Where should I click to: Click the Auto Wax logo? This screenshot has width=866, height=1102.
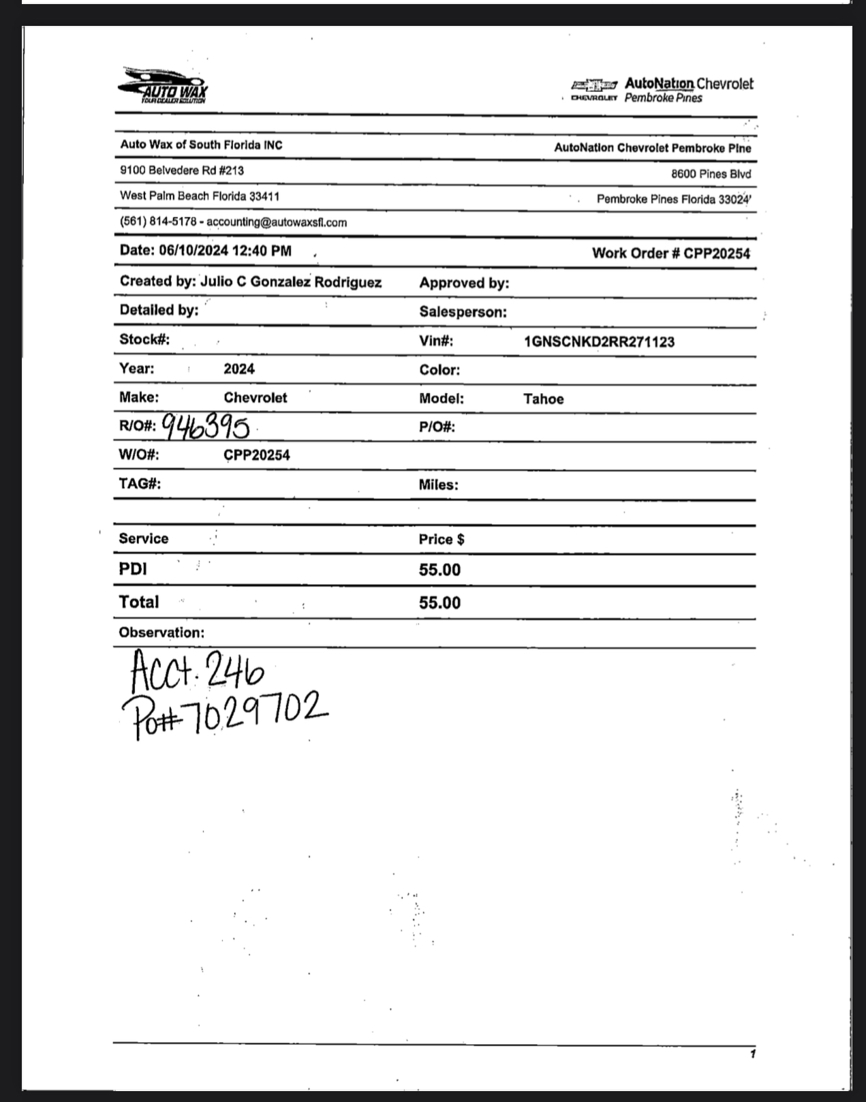point(164,86)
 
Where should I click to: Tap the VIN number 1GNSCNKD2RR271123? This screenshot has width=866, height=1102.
point(599,341)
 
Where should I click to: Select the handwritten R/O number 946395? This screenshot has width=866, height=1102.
point(206,427)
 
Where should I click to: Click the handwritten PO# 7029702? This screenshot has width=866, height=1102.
point(225,714)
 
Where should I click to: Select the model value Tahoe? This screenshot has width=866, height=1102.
point(543,399)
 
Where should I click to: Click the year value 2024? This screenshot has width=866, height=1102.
point(239,369)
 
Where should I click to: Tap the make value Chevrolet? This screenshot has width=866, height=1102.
point(255,397)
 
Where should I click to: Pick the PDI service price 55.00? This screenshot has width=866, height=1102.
point(439,570)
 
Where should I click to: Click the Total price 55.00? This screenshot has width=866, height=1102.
point(439,602)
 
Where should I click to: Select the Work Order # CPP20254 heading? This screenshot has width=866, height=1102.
point(670,254)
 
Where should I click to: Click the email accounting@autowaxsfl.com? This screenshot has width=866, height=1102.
point(277,222)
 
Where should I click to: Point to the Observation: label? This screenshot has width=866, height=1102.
point(161,632)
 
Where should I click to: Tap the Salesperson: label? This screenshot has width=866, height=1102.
point(463,312)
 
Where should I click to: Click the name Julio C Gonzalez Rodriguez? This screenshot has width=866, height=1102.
point(291,282)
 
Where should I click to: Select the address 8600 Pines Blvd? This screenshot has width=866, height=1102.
point(711,174)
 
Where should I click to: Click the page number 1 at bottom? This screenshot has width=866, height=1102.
point(752,1054)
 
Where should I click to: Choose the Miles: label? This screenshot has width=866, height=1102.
point(438,485)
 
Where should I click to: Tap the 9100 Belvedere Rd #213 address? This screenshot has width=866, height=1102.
point(182,170)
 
